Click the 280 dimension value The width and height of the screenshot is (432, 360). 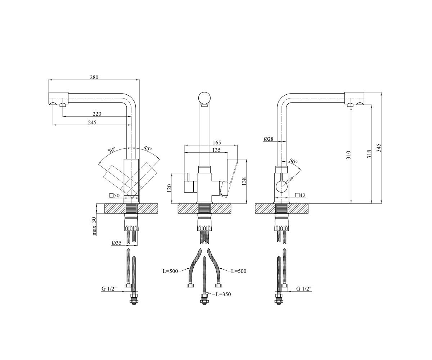[94, 77]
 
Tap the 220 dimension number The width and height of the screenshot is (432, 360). [97, 114]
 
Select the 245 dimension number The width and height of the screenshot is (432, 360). [92, 122]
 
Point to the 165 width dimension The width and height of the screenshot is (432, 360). [217, 143]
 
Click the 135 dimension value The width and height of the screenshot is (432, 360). [216, 150]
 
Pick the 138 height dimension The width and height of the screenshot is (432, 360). [244, 181]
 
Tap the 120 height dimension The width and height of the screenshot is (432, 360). [169, 188]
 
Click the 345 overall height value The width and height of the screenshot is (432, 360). [379, 148]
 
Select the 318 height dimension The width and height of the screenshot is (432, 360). [369, 154]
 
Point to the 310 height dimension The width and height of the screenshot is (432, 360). [348, 155]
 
